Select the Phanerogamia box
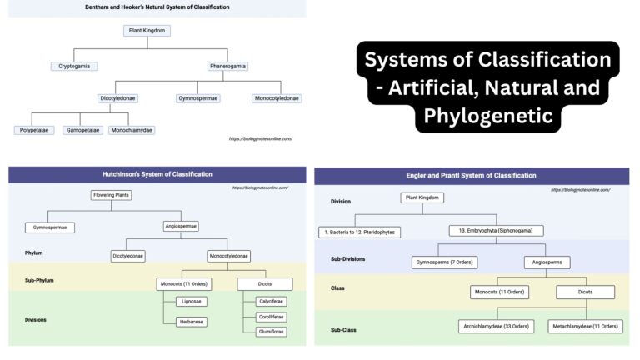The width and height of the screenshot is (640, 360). coord(227,66)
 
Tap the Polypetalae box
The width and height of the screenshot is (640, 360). coord(34,130)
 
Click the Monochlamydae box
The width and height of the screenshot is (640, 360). coord(132,130)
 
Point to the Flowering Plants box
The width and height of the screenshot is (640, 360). coord(112,196)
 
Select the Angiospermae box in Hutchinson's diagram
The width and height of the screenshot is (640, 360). coord(181,226)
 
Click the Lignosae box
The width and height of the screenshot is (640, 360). coord(191,301)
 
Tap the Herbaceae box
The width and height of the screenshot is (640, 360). coord(191,322)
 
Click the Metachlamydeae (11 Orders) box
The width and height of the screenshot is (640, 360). coord(585,326)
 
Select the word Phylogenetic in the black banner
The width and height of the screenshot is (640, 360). coord(487,115)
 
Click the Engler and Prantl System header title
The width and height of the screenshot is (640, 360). coord(472,176)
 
